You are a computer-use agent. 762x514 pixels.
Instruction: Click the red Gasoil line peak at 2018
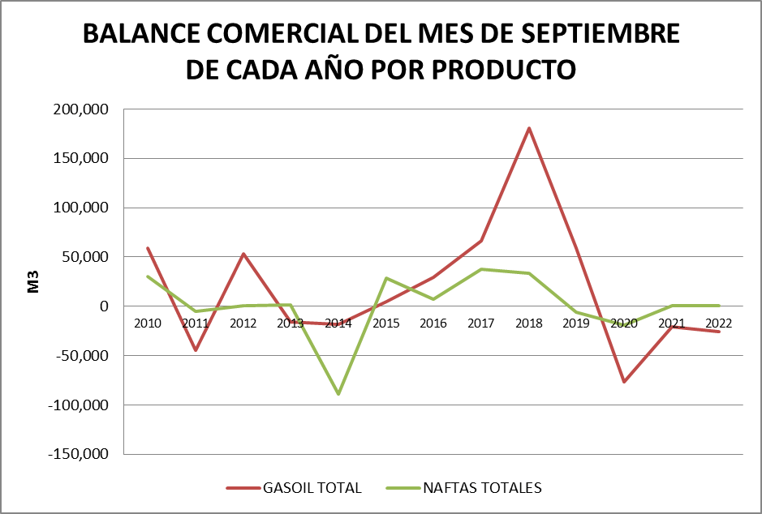[x=529, y=128]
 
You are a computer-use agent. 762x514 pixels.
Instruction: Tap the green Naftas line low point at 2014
[x=338, y=394]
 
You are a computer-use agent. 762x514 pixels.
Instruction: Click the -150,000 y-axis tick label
[x=80, y=454]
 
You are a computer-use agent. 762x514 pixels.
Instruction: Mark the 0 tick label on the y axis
[x=105, y=306]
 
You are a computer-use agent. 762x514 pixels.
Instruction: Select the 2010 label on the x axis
[x=148, y=323]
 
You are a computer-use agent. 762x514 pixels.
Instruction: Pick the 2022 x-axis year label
[x=719, y=323]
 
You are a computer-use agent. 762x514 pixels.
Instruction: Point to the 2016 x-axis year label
[x=433, y=323]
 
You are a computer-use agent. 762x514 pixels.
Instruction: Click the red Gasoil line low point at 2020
[x=624, y=382]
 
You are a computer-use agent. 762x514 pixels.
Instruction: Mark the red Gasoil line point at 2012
[x=243, y=254]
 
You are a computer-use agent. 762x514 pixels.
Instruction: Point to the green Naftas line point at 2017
[x=481, y=269]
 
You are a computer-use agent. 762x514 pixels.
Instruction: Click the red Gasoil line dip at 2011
[x=196, y=350]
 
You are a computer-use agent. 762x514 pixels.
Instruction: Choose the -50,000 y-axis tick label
[x=83, y=355]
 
